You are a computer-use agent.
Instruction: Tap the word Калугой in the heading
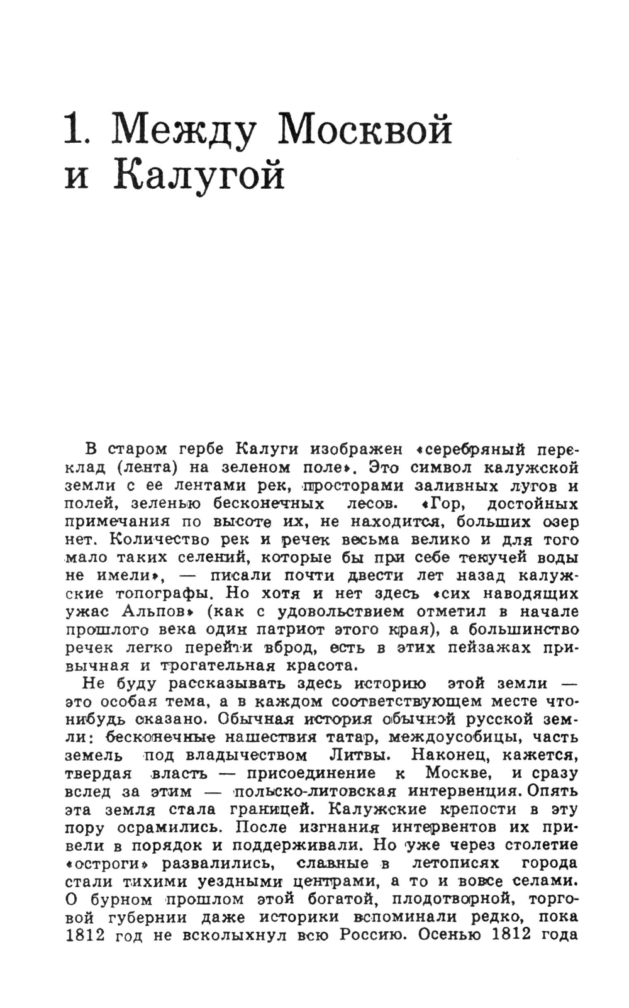click(200, 177)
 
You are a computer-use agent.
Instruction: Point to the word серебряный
click(479, 451)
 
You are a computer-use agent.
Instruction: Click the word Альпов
click(160, 612)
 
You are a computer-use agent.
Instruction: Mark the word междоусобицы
click(454, 737)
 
